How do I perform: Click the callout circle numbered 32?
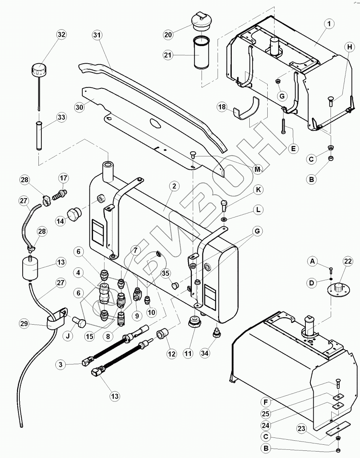tap(62, 35)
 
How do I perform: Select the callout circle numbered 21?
tap(168, 55)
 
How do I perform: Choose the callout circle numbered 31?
tap(97, 35)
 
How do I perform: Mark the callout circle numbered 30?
tap(80, 107)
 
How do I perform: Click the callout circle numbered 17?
tap(63, 178)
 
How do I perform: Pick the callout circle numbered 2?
tap(174, 186)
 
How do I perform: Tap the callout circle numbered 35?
tap(166, 273)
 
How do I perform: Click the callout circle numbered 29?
tap(24, 324)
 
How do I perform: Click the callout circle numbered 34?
tap(204, 353)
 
